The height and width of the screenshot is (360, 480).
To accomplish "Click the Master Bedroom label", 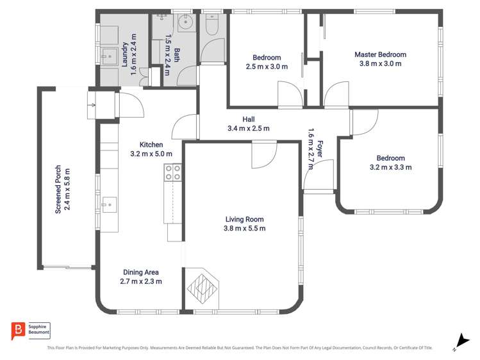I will pos(380,55).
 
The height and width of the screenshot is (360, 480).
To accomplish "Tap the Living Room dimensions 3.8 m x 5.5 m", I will pos(244,228).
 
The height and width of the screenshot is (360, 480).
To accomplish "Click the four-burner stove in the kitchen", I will pos(173,172).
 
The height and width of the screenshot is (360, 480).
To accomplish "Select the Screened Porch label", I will pos(58,190).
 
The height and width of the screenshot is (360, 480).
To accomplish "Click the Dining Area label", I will pos(140,272).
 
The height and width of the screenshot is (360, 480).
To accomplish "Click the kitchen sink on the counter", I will pos(109,205).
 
